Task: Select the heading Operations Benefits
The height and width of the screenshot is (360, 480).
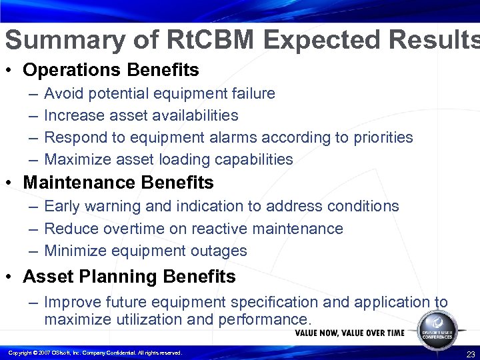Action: [x=111, y=69]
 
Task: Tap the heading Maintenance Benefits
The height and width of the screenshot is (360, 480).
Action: [x=119, y=182]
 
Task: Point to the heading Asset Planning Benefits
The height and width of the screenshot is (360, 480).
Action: [x=129, y=276]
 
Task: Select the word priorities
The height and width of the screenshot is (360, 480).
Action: [x=382, y=137]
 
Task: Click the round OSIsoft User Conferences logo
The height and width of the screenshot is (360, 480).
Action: [x=437, y=327]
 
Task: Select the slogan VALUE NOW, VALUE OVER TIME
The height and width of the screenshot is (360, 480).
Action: [x=349, y=333]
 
